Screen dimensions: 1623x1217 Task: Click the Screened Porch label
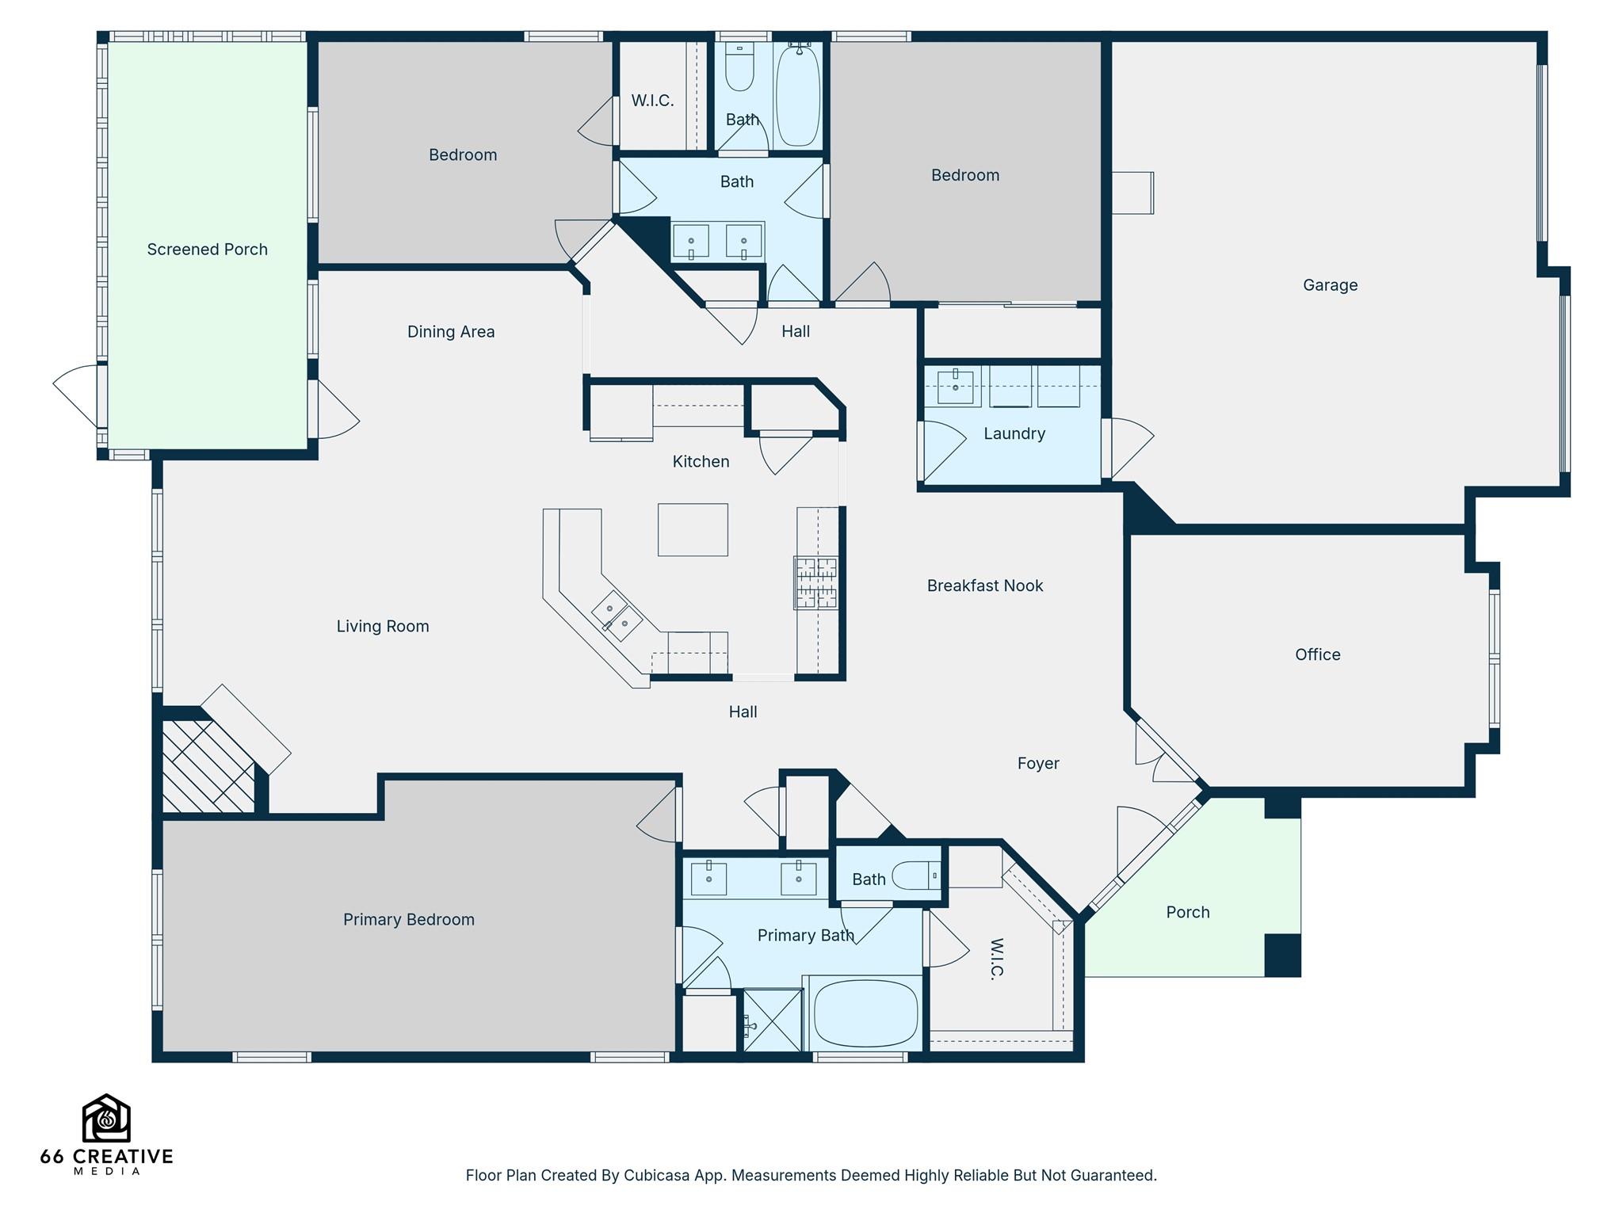(x=207, y=250)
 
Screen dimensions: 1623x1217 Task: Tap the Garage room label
(x=1330, y=285)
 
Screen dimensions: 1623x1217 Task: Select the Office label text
(x=1317, y=654)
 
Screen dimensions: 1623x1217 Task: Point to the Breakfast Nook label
(x=985, y=586)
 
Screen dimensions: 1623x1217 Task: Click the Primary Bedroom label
(x=409, y=920)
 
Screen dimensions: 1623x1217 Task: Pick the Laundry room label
(x=1014, y=433)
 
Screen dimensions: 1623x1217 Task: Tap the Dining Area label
(x=451, y=332)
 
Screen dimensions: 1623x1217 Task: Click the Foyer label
(x=1038, y=764)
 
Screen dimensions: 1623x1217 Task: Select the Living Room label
(x=383, y=627)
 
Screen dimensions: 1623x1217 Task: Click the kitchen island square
(x=693, y=530)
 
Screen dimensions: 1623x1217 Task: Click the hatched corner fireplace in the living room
(x=208, y=766)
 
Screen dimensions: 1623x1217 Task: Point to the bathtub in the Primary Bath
(x=866, y=1014)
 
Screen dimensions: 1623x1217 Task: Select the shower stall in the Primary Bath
(x=773, y=1021)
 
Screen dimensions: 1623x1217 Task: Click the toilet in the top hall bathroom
(x=740, y=69)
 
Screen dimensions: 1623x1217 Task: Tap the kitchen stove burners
(x=816, y=583)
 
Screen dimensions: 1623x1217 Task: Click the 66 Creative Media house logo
(x=106, y=1118)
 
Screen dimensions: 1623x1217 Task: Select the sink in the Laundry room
(x=956, y=386)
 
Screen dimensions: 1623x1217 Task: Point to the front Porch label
(x=1188, y=913)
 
